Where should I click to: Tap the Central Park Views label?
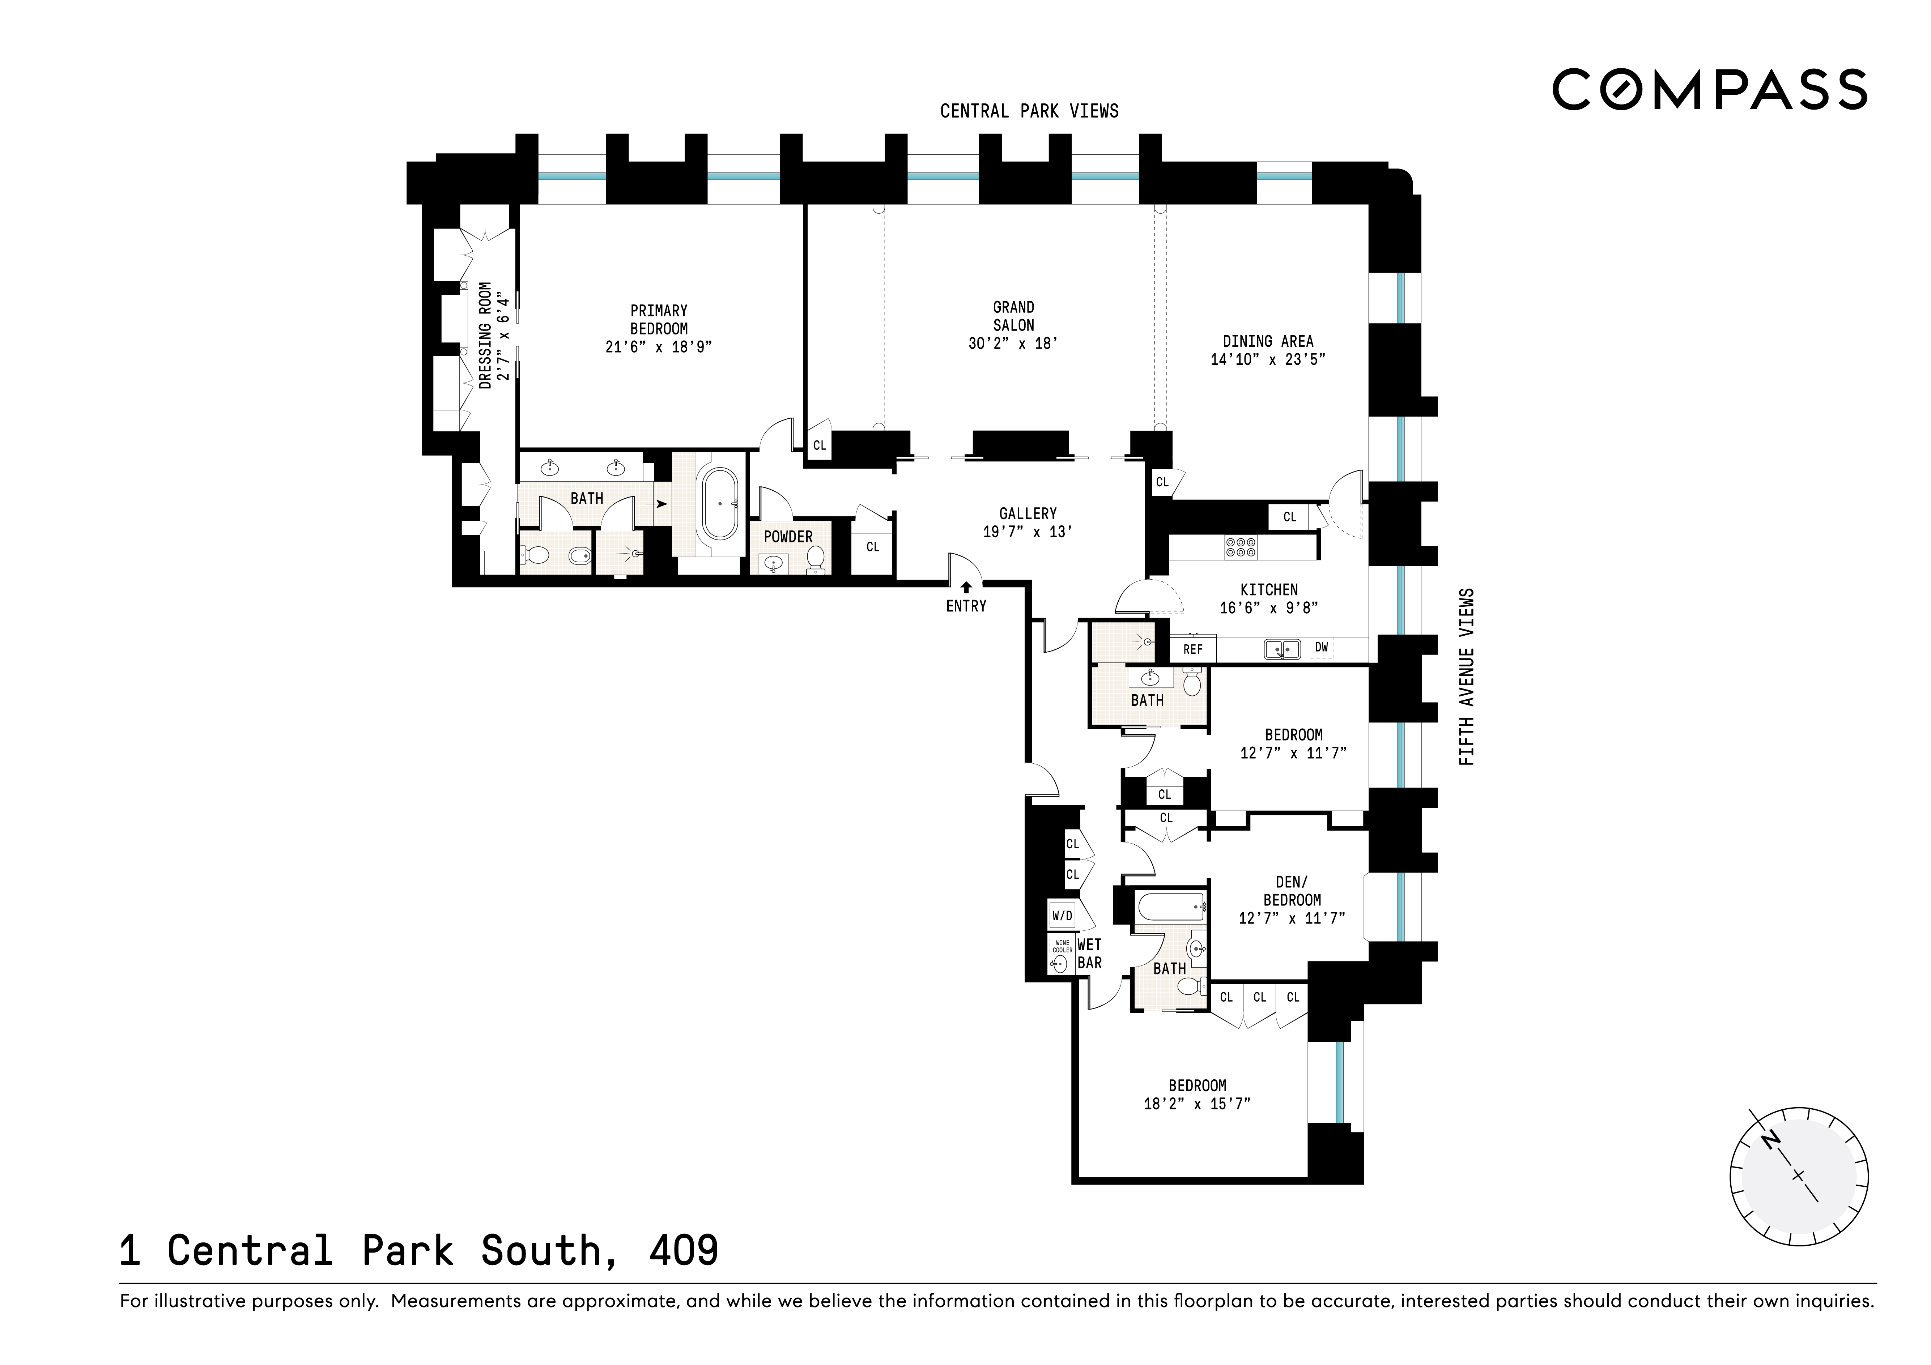point(1029,111)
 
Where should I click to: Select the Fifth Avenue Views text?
point(1467,677)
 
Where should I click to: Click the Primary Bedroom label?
point(659,320)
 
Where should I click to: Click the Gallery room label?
point(1028,513)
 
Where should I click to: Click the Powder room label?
point(788,537)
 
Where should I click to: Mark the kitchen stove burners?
point(1241,547)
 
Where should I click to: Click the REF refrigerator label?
point(1192,649)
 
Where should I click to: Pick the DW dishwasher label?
point(1321,648)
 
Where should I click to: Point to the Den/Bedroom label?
point(1292,891)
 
